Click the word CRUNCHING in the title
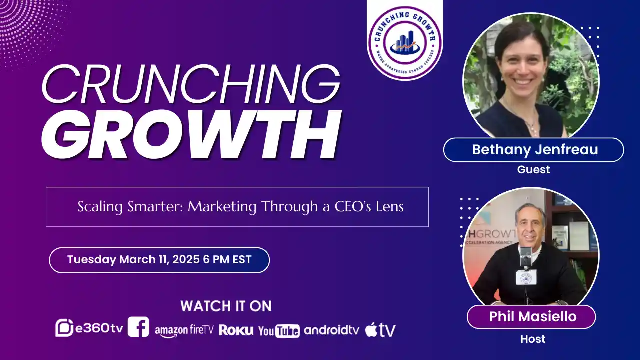tap(190, 84)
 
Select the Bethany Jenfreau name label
tap(533, 150)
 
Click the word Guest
tap(533, 170)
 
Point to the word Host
tap(533, 339)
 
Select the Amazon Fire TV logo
tap(184, 330)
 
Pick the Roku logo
tap(236, 330)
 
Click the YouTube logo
tap(279, 331)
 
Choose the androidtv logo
tap(331, 330)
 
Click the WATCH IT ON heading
tap(226, 306)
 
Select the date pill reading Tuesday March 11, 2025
tap(159, 260)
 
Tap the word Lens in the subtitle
tap(390, 207)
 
